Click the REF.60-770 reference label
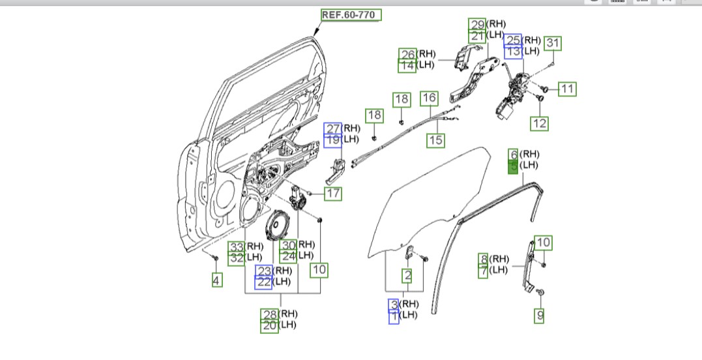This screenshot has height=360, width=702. pyautogui.click(x=351, y=15)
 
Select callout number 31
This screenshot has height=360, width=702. pyautogui.click(x=553, y=43)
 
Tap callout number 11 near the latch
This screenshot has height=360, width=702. pyautogui.click(x=567, y=89)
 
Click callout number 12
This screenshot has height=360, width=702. pyautogui.click(x=540, y=123)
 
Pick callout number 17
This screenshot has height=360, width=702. pyautogui.click(x=332, y=194)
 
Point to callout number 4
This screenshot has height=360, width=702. pyautogui.click(x=216, y=280)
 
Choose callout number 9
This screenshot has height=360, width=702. pyautogui.click(x=540, y=316)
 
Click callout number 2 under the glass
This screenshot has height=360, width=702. pyautogui.click(x=407, y=276)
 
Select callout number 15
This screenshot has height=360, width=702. pyautogui.click(x=435, y=140)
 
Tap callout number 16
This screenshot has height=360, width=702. pyautogui.click(x=429, y=98)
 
